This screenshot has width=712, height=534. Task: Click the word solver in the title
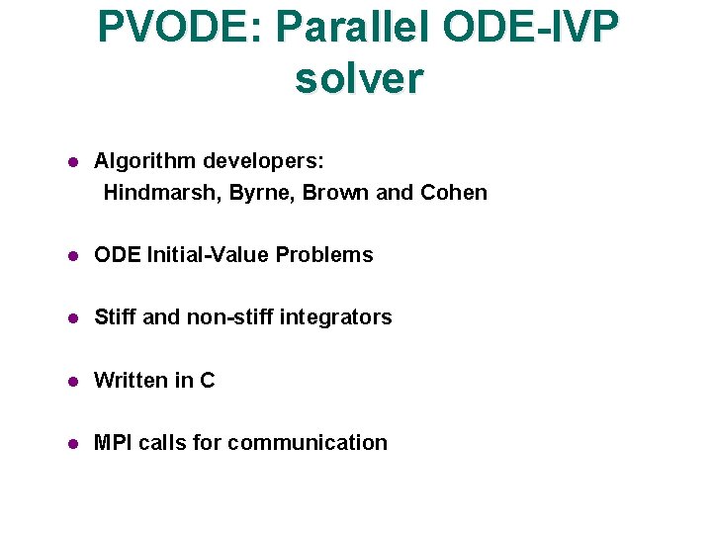click(358, 78)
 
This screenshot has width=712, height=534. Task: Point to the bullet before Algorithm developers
click(72, 161)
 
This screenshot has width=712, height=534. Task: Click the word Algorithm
click(144, 160)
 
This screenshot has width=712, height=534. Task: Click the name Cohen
click(454, 193)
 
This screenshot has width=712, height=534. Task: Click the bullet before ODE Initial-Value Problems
click(72, 256)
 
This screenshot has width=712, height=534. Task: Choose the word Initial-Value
click(208, 255)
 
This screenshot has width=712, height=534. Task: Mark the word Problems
click(324, 255)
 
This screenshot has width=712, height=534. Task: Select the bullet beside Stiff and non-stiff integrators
click(72, 318)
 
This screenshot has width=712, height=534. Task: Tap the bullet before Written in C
click(72, 382)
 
